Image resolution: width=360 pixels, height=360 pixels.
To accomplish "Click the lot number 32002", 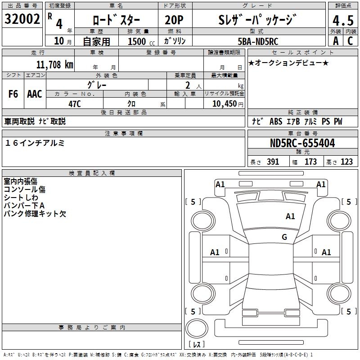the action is point(22,20).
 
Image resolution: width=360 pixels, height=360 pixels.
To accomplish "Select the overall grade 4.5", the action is point(342,21).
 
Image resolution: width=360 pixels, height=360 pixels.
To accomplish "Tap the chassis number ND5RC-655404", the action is point(302,144).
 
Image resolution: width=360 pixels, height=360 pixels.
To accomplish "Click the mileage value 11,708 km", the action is point(54,64).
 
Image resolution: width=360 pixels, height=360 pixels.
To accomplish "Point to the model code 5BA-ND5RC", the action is point(258,41).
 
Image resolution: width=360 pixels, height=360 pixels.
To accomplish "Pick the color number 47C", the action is point(75,103).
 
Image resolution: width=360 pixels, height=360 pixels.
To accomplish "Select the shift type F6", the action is point(13,94).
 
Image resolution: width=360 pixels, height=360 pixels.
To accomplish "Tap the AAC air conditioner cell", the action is point(35,94).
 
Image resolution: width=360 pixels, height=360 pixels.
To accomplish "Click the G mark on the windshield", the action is point(284,237).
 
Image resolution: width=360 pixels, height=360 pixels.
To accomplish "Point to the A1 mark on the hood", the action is point(290,216).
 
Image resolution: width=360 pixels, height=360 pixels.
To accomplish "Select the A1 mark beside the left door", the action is point(215,252).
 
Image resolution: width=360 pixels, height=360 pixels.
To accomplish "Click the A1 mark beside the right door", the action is point(326,252).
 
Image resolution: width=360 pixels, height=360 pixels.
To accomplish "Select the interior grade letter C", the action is point(349,41).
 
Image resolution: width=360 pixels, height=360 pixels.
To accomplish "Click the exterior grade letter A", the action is point(335,41).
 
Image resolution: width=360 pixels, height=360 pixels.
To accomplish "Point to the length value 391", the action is point(273,162).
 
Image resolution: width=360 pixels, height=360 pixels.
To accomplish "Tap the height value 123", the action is point(346,162).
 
